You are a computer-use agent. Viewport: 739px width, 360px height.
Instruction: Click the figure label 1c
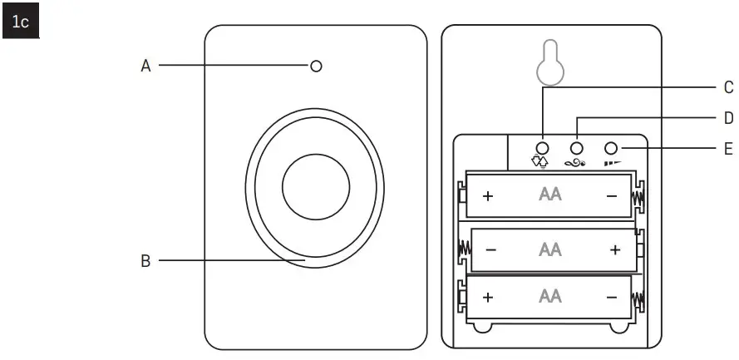[x=19, y=22]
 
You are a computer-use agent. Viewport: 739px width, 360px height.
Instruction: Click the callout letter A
[x=145, y=66]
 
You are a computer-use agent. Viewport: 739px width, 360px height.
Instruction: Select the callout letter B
[x=145, y=261]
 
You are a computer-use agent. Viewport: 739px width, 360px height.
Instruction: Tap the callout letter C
[x=728, y=87]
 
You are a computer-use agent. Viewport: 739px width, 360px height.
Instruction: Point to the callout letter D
[x=728, y=118]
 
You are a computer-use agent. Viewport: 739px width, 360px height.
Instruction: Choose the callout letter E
[x=728, y=149]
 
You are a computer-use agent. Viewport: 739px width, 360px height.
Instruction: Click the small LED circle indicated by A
[x=316, y=66]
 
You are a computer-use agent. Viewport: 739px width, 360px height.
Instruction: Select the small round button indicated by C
[x=543, y=148]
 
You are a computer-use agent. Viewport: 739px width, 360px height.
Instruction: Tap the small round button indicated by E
[x=613, y=148]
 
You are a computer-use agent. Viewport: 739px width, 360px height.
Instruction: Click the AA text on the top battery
[x=549, y=195]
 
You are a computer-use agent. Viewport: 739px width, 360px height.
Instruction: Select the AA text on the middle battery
[x=549, y=249]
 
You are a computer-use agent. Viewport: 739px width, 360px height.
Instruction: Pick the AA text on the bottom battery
[x=549, y=297]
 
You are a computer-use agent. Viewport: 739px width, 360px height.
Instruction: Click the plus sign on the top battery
[x=487, y=196]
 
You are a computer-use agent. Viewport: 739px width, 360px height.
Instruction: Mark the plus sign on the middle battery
[x=614, y=249]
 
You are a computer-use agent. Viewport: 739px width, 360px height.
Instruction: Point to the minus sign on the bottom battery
[x=612, y=298]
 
